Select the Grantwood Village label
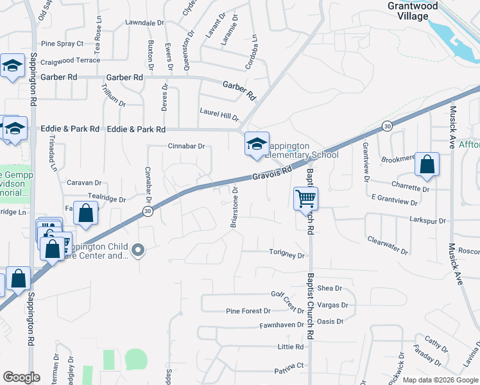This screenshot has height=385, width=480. click(413, 12)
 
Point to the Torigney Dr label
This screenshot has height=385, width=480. click(286, 255)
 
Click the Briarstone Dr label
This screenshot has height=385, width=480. click(234, 207)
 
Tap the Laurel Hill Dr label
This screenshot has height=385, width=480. click(219, 114)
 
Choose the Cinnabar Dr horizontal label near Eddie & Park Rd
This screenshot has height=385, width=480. click(186, 146)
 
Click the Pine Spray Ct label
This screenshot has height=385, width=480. click(62, 44)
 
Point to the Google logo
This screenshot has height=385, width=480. click(21, 377)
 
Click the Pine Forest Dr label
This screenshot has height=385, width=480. click(248, 311)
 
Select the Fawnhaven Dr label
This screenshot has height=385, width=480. click(281, 325)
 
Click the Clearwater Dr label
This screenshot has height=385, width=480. click(388, 244)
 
